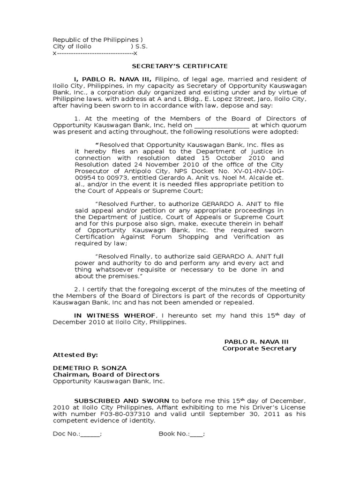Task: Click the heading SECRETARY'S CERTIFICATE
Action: (x=179, y=66)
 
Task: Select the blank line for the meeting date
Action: (x=222, y=126)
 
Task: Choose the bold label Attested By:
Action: (x=75, y=355)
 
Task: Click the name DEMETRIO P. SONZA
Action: (x=90, y=368)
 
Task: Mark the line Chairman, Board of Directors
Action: (x=106, y=375)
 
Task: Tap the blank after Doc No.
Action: (x=90, y=434)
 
